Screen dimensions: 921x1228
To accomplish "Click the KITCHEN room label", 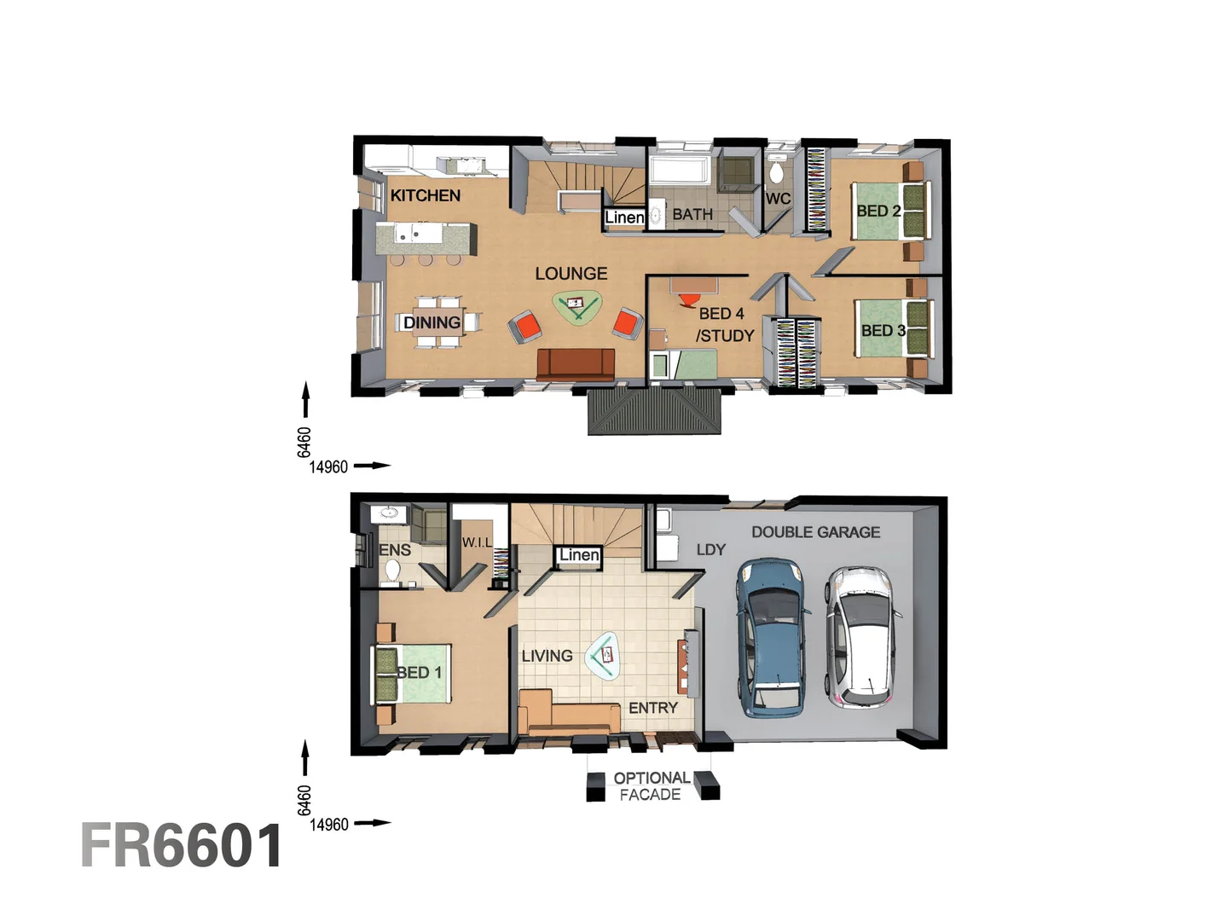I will click(x=425, y=195).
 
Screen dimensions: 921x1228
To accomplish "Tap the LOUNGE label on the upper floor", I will click(x=571, y=274).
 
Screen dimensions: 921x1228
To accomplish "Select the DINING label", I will click(x=432, y=322).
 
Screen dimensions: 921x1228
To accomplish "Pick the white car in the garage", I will click(x=860, y=635).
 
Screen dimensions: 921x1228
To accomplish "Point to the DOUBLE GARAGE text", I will click(x=815, y=532).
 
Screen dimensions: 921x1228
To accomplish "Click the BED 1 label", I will click(x=419, y=672).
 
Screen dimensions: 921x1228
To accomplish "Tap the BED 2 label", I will click(x=878, y=211).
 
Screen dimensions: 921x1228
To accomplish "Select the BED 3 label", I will click(x=883, y=330).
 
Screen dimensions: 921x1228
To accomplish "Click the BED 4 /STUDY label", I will click(x=724, y=325).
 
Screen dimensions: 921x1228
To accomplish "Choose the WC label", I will click(x=777, y=199).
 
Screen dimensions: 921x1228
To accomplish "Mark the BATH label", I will click(x=692, y=214).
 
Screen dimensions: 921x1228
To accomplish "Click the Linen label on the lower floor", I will click(x=579, y=555).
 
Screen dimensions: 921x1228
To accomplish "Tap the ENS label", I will click(x=395, y=550).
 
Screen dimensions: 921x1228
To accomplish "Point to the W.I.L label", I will click(x=477, y=542).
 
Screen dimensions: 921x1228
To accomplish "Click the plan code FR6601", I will click(x=182, y=846).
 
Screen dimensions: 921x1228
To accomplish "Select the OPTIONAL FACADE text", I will click(x=651, y=786).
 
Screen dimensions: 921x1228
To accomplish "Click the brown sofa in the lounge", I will click(x=576, y=364).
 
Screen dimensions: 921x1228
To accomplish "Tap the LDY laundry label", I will click(x=710, y=550).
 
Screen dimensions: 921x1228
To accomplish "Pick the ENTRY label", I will click(x=652, y=708).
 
